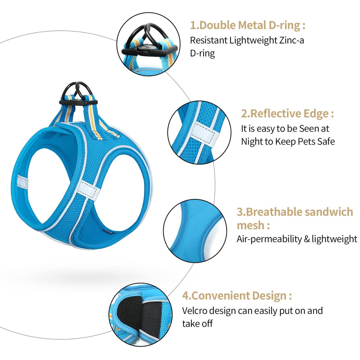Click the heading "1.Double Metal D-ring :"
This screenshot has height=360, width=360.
click(247, 25)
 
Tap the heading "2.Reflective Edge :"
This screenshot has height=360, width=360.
click(287, 113)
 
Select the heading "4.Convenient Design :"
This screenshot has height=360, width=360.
click(237, 295)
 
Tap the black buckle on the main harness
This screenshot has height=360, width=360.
click(79, 102)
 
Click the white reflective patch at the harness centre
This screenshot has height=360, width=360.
click(88, 190)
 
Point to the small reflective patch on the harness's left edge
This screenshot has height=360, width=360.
click(22, 181)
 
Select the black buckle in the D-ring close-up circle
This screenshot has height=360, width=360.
click(149, 50)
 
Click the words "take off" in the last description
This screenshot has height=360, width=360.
click(197, 324)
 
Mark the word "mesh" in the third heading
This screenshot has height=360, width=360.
click(250, 225)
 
